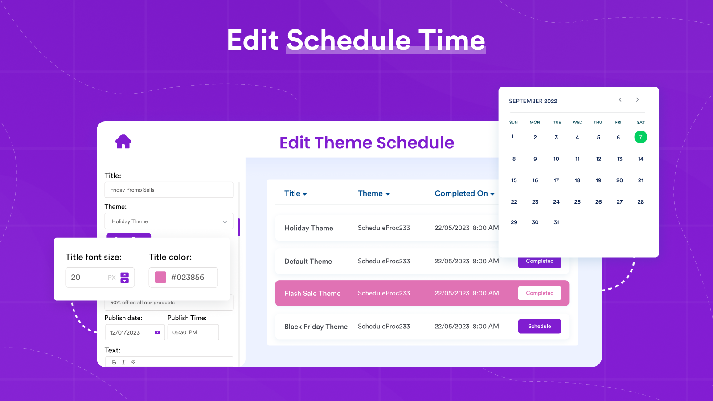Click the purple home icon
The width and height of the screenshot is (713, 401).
tap(123, 141)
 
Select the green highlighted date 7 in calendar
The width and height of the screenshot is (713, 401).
tap(640, 137)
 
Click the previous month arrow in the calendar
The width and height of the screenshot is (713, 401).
tap(620, 100)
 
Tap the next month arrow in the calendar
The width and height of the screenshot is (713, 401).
tap(637, 100)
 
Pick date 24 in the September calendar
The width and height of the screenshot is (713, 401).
tap(556, 202)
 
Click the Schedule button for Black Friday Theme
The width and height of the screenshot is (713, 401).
tap(539, 326)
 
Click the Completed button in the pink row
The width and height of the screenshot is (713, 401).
tap(539, 293)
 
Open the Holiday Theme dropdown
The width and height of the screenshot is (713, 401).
tap(168, 221)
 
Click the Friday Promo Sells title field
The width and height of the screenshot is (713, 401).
tap(168, 190)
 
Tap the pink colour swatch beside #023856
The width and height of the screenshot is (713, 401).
tap(160, 277)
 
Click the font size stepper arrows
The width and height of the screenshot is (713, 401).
tap(125, 278)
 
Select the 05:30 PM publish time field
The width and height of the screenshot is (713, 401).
tap(193, 332)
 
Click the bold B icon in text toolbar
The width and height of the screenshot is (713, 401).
tap(114, 362)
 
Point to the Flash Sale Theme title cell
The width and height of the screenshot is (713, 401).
tap(312, 293)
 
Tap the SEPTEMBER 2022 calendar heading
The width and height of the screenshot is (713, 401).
tap(533, 101)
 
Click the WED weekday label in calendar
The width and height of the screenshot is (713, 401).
tap(577, 122)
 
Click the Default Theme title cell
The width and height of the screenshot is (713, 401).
tap(308, 261)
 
